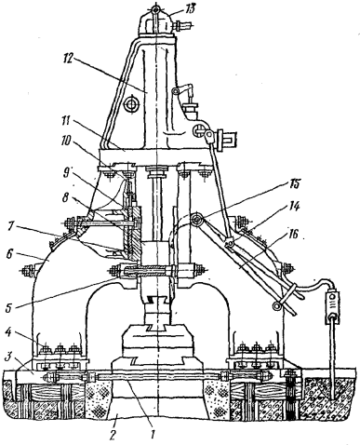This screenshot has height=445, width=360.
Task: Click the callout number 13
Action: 189,8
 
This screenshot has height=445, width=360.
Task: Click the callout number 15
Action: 293,183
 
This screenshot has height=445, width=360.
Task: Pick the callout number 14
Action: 293,208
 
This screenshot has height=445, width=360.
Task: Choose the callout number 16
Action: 293,234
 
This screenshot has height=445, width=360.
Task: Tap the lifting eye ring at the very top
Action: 155,10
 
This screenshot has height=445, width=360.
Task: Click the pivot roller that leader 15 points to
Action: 197,220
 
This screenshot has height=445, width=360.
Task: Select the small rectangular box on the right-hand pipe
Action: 332,307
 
